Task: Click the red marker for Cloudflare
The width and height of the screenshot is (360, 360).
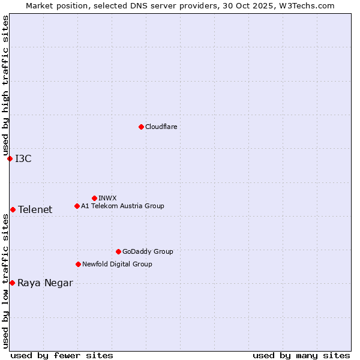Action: (141, 127)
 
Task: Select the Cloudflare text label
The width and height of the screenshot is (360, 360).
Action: (161, 127)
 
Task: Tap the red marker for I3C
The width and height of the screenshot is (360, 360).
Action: (10, 158)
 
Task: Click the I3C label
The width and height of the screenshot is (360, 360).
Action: (23, 158)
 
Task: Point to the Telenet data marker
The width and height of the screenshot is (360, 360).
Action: (13, 209)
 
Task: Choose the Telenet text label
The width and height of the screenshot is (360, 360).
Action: (35, 209)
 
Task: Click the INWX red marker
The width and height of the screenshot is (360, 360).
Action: (94, 198)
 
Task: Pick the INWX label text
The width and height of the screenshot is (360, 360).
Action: (107, 198)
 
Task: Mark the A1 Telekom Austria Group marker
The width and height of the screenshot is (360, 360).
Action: (77, 206)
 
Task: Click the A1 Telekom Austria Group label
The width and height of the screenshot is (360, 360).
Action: (122, 206)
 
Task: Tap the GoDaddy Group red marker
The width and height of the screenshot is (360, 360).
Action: (118, 251)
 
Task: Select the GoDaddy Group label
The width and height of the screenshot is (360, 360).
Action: (148, 251)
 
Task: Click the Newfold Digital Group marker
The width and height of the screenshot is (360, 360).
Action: (78, 264)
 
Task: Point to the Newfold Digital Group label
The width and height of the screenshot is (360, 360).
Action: (117, 264)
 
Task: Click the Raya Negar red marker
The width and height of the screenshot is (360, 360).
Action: (12, 283)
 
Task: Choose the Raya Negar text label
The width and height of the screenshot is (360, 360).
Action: (45, 283)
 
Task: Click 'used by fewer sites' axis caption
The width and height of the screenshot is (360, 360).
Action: (62, 355)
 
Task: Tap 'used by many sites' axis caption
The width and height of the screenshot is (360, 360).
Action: (301, 355)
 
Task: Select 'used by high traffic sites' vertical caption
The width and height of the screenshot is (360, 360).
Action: (5, 86)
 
